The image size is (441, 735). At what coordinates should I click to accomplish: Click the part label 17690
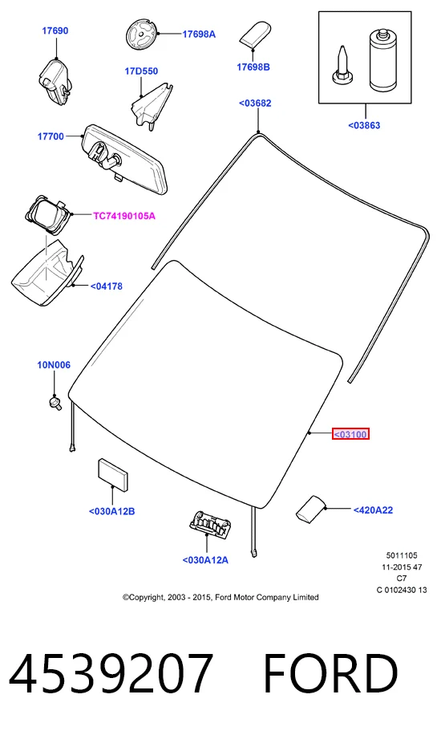(x=55, y=31)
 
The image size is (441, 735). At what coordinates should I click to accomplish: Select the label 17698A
(x=199, y=35)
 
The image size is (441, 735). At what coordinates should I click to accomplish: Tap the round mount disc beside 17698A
(x=142, y=35)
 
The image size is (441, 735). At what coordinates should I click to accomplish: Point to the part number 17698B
(x=253, y=67)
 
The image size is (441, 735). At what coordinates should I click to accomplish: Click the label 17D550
(x=141, y=71)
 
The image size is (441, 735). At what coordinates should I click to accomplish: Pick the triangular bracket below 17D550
(x=151, y=106)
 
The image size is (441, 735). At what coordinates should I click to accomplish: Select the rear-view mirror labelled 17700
(x=125, y=159)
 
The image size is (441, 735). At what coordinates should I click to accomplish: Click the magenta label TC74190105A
(x=124, y=216)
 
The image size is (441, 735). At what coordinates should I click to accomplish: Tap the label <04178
(x=107, y=286)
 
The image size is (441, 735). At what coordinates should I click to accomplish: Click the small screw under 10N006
(x=55, y=403)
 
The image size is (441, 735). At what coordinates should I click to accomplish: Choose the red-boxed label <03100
(x=350, y=435)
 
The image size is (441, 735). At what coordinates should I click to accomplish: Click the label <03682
(x=255, y=104)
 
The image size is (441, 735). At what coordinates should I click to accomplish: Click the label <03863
(x=364, y=126)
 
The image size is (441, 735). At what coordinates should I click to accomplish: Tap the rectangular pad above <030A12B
(x=112, y=475)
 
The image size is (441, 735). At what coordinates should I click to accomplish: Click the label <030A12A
(x=205, y=560)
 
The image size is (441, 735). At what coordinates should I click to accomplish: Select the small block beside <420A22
(x=310, y=509)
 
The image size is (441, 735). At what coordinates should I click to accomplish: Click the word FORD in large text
(x=331, y=673)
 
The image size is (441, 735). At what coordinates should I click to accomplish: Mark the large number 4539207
(x=111, y=673)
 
